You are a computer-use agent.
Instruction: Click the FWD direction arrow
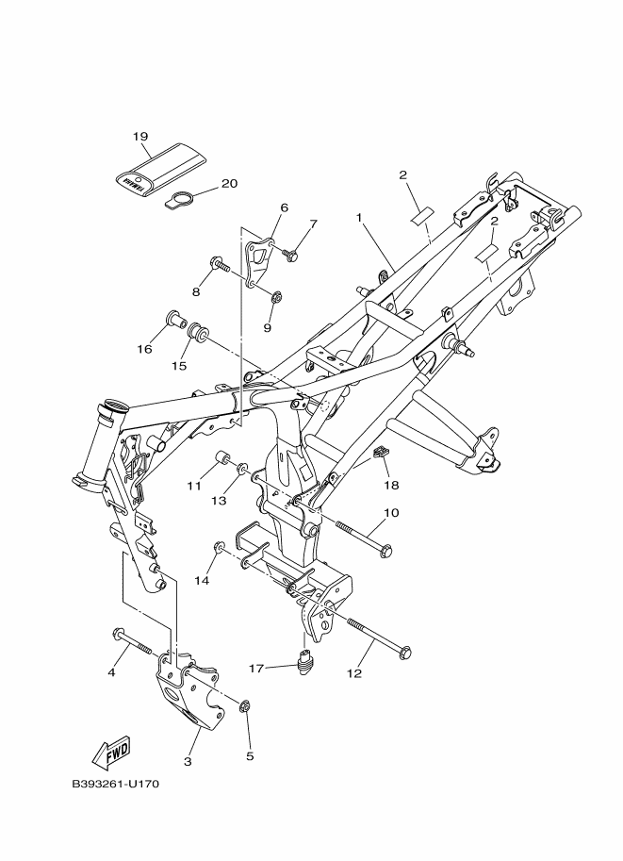111,753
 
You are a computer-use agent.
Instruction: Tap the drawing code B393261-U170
115,784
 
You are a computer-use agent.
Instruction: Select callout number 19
140,136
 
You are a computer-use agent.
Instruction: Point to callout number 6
284,207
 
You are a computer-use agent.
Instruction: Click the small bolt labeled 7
291,254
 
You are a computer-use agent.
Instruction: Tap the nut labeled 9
277,298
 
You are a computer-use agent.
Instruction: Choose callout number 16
144,349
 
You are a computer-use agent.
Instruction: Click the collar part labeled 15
197,333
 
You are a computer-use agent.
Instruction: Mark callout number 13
219,500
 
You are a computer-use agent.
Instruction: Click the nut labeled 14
219,547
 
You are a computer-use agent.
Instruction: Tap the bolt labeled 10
363,537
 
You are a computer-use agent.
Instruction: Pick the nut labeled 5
245,706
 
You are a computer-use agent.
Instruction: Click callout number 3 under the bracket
188,762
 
